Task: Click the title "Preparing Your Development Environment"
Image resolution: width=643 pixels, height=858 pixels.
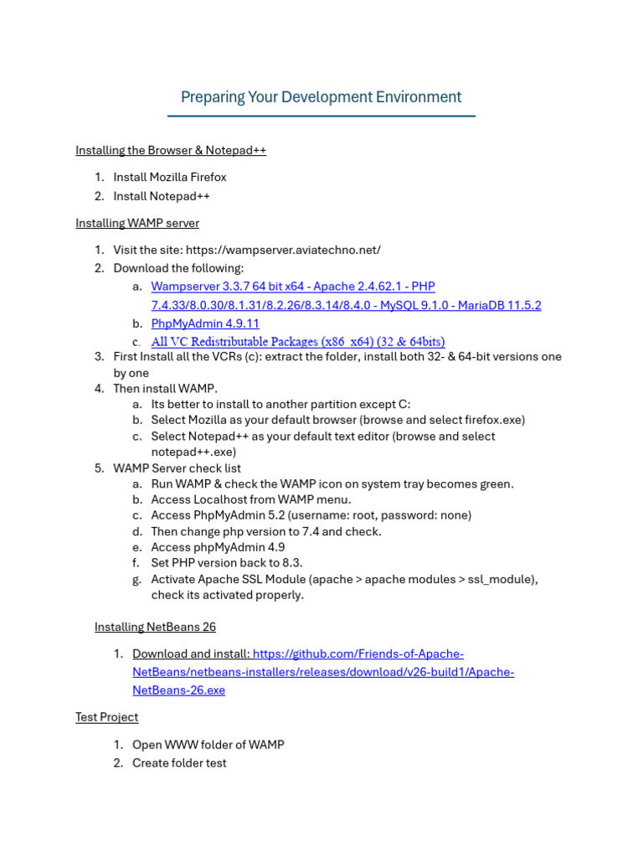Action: tap(321, 97)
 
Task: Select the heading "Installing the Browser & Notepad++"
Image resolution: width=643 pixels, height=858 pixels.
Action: tap(171, 151)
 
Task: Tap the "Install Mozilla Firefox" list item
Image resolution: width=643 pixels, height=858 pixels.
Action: tap(170, 178)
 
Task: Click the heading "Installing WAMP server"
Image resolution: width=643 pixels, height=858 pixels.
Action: tap(137, 224)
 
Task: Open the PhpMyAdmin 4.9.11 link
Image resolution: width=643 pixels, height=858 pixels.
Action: tap(205, 323)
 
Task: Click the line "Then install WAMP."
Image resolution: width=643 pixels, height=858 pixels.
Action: tap(165, 389)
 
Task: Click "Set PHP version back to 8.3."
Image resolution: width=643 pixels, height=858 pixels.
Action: tap(227, 563)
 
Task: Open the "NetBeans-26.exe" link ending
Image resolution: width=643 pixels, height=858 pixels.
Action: tap(178, 690)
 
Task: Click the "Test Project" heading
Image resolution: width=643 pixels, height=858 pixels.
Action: tap(106, 717)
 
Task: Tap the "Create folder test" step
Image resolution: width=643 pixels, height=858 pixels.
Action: tap(179, 763)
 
